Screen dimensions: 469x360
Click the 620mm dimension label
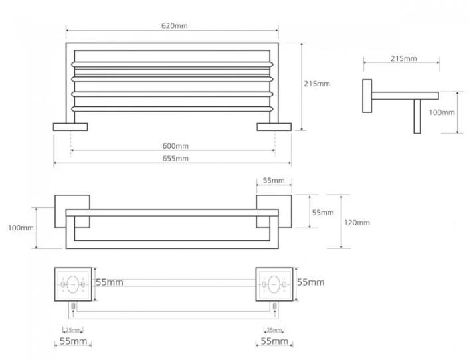[174, 26]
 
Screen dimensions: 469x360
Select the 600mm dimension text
[175, 146]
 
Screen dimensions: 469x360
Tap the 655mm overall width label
[175, 159]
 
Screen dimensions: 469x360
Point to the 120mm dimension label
[357, 223]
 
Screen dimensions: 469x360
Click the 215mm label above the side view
[403, 58]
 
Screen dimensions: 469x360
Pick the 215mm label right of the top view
[317, 84]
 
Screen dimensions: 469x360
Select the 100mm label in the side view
[442, 112]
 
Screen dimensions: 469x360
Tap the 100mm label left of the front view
[21, 228]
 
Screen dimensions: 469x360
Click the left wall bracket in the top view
[70, 127]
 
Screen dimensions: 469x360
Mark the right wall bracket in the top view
[274, 127]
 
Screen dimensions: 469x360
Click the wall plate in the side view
[367, 96]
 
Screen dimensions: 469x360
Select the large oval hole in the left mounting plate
[73, 284]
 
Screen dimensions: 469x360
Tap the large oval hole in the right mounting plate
[274, 284]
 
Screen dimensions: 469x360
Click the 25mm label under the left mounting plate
[73, 330]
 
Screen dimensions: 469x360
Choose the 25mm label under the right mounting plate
[274, 330]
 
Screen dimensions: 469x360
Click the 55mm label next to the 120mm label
[323, 213]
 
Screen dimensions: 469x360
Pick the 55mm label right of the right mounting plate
[310, 282]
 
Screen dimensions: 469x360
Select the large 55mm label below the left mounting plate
[73, 341]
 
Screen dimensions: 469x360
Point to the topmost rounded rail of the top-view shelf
[172, 64]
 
